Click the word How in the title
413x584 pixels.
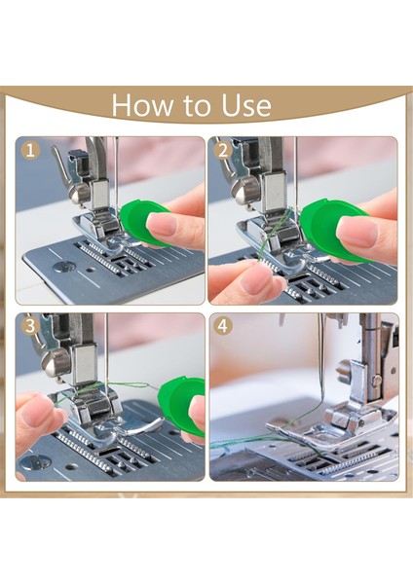click(142, 105)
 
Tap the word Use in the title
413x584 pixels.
click(246, 105)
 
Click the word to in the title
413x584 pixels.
click(197, 106)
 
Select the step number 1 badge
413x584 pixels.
click(30, 151)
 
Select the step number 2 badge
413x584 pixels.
click(223, 151)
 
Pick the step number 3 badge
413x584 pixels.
click(30, 326)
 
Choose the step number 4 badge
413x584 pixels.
click(223, 326)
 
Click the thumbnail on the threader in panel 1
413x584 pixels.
click(162, 224)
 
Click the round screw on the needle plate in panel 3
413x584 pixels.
click(35, 461)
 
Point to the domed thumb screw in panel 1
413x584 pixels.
click(79, 193)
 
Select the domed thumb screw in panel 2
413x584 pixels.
click(244, 191)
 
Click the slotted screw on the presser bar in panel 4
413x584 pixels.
click(376, 381)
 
